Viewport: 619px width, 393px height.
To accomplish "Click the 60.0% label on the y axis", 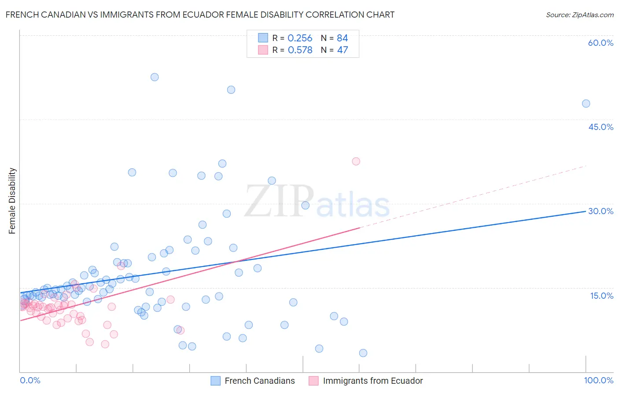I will pos(601,43).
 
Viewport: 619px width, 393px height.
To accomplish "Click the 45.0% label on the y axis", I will pos(601,127).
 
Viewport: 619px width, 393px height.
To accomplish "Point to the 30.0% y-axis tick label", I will pos(601,211).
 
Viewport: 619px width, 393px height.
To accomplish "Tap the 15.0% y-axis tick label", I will pos(601,296).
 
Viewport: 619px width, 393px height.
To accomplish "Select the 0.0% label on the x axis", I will pos(30,380).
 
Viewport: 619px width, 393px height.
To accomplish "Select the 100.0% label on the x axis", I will pos(598,380).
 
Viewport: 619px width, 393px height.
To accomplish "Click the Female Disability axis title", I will pos(12,200).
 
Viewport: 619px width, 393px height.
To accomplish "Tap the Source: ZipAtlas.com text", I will pos(579,15).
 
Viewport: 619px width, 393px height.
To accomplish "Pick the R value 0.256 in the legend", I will pos(300,38).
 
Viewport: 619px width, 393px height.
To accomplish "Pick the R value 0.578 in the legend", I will pos(300,50).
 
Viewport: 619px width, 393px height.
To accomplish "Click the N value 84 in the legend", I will pos(342,38).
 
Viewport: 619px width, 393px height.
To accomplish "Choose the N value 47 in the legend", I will pos(342,50).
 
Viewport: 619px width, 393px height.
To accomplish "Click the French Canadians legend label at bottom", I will pos(259,381).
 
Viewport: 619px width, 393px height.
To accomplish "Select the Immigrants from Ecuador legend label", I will pos(372,381).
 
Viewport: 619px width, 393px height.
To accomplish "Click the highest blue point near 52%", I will pos(155,77).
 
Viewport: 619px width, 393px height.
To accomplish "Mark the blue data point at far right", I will pos(586,104).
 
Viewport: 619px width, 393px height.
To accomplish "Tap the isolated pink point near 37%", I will pos(356,161).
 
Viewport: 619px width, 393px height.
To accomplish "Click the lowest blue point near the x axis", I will pos(363,353).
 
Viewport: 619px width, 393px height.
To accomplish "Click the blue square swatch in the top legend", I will pos(263,38).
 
